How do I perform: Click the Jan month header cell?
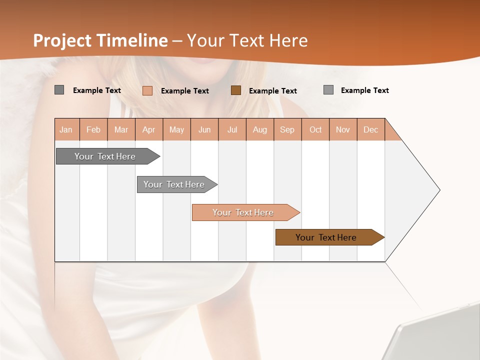[x=66, y=129]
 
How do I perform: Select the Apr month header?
[x=149, y=129]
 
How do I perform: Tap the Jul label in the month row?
[x=232, y=129]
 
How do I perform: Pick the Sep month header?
[x=287, y=129]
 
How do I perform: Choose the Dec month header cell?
[x=370, y=129]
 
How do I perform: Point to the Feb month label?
[x=93, y=129]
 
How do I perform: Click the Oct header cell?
[x=315, y=129]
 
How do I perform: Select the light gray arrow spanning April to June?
[x=175, y=184]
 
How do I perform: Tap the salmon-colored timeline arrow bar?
[x=244, y=212]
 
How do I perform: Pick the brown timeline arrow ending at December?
[x=327, y=237]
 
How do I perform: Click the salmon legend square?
[x=147, y=90]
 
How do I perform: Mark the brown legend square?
[x=236, y=90]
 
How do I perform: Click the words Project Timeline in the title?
[x=100, y=40]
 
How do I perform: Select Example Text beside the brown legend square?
[x=273, y=91]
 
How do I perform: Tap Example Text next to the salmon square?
[x=185, y=91]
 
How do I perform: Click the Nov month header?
[x=343, y=129]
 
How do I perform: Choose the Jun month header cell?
[x=204, y=129]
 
